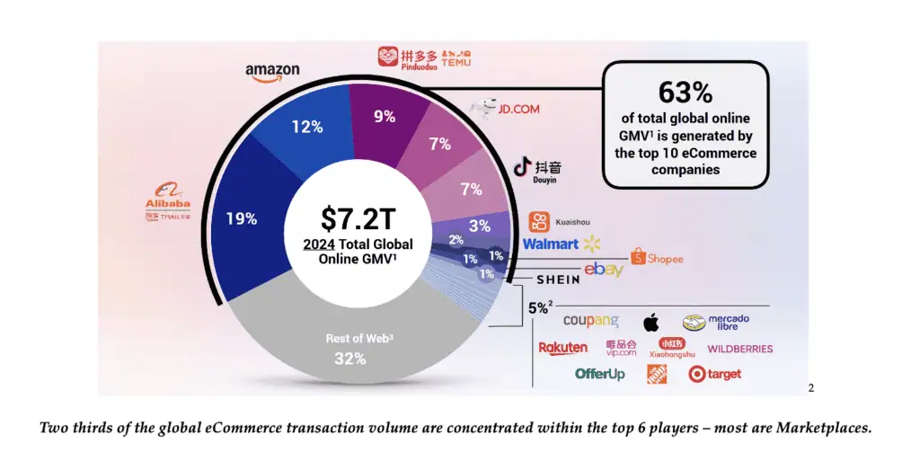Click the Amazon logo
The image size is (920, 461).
click(272, 72)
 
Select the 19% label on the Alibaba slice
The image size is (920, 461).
click(241, 218)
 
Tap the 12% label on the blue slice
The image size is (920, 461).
click(306, 127)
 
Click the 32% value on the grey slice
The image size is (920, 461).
click(349, 359)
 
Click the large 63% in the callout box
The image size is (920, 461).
click(685, 93)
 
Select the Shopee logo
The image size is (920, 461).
click(657, 259)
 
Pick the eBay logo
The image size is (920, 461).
click(604, 270)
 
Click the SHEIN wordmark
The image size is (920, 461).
click(558, 279)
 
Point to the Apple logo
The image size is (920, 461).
click(650, 322)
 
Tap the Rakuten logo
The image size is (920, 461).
click(563, 348)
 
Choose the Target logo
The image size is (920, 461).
click(715, 375)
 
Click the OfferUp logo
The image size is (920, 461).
click(600, 374)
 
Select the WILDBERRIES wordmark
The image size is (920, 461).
click(739, 349)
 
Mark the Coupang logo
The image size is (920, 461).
click(590, 321)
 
